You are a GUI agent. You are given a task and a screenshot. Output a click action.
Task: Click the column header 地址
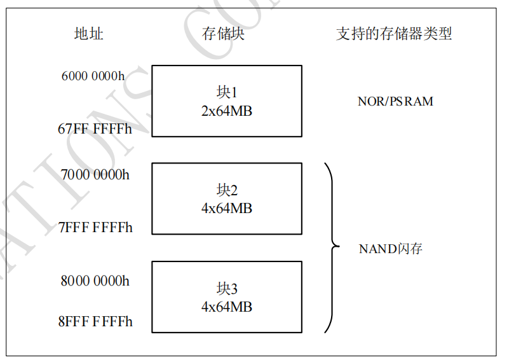tap(88, 34)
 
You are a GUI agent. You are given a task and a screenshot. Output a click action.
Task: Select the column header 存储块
tap(223, 34)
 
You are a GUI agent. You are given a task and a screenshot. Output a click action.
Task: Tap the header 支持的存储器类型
tap(394, 34)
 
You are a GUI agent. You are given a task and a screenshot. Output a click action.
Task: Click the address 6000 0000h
tap(93, 76)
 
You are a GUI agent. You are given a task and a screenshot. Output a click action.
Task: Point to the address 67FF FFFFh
tap(95, 129)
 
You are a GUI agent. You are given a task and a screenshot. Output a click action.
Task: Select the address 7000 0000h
tap(95, 174)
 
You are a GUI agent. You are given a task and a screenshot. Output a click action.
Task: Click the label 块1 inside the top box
tap(227, 93)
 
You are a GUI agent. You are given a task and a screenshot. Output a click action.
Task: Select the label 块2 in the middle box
tap(227, 190)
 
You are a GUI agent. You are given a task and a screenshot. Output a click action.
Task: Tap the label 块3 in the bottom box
tap(227, 289)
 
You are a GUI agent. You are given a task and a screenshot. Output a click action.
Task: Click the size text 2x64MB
tap(227, 111)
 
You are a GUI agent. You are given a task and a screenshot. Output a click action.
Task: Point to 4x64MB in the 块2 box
tap(227, 208)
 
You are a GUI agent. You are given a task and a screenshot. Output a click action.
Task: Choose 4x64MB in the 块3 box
tap(227, 307)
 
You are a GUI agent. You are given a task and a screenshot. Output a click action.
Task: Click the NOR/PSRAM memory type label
tap(395, 101)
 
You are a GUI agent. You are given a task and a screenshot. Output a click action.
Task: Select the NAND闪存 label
tap(391, 249)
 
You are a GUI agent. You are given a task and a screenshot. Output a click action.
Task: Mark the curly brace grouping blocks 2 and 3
tap(330, 247)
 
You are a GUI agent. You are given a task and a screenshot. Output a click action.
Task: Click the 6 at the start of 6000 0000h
tap(65, 76)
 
